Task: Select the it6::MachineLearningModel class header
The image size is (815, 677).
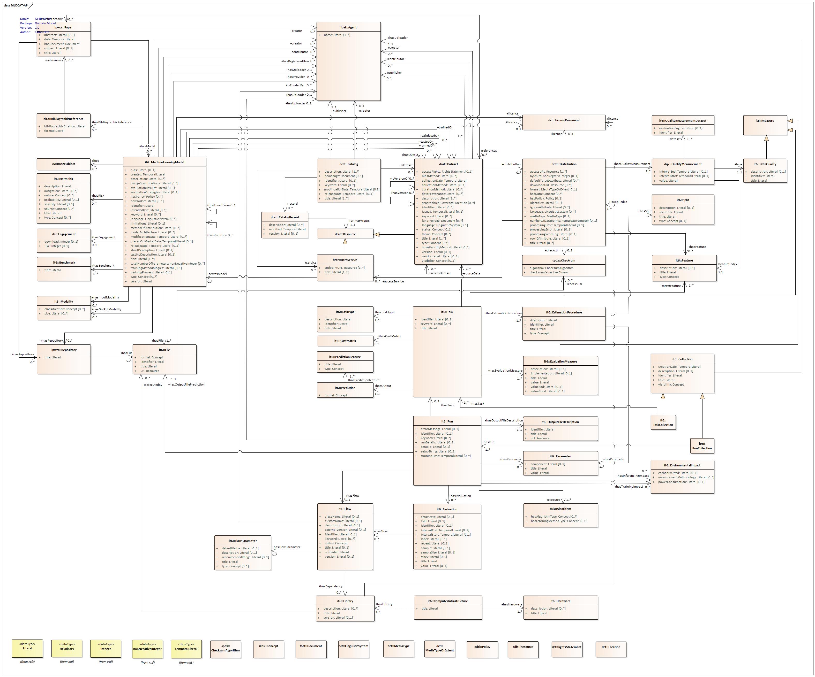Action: click(x=164, y=162)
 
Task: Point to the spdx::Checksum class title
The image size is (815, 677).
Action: click(x=564, y=260)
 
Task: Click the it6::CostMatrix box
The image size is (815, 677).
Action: click(x=345, y=341)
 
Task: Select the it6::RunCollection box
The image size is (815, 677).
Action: click(x=702, y=446)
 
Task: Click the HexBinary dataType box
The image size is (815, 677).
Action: click(x=67, y=649)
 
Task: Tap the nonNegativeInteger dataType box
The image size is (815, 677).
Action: click(x=147, y=649)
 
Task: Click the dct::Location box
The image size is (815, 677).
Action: click(x=611, y=647)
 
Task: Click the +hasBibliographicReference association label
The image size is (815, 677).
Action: click(x=112, y=122)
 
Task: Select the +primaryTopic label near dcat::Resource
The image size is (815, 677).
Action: click(x=359, y=221)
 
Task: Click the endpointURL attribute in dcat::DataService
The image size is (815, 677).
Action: click(x=341, y=267)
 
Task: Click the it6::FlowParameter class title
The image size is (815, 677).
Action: click(x=243, y=541)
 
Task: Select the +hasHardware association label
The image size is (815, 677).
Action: click(x=512, y=604)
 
